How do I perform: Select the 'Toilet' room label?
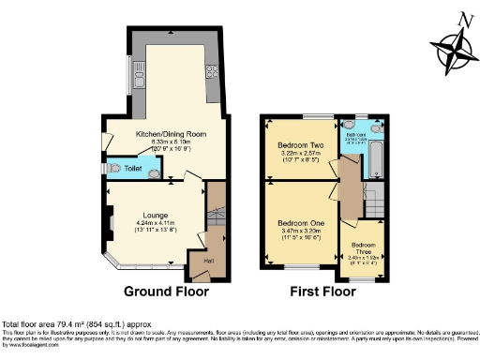(134, 169)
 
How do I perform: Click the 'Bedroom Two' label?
(300, 146)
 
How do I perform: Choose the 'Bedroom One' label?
(300, 221)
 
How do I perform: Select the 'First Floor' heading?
(324, 291)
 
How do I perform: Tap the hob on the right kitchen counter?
(212, 73)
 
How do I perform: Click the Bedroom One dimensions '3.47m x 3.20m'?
(300, 231)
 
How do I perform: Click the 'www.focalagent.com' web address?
(30, 344)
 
